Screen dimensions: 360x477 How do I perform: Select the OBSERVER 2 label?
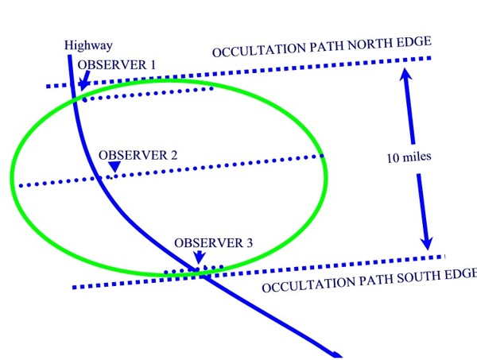pyautogui.click(x=137, y=155)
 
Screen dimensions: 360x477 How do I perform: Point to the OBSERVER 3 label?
pyautogui.click(x=213, y=243)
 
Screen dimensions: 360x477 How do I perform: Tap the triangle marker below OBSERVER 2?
pyautogui.click(x=114, y=167)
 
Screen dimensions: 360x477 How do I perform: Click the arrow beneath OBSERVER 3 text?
pyautogui.click(x=196, y=257)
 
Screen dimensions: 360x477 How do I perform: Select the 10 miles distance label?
pyautogui.click(x=405, y=157)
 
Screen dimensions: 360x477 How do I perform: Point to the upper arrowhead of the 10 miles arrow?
pyautogui.click(x=404, y=73)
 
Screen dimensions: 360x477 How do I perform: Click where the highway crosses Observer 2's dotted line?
pyautogui.click(x=99, y=177)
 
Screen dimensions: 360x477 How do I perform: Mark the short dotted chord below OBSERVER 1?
pyautogui.click(x=147, y=94)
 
